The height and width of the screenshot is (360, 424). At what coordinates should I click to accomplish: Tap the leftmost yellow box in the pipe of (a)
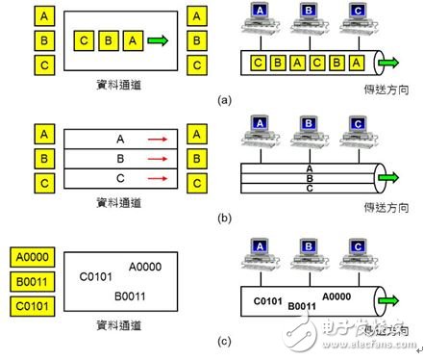pyautogui.click(x=257, y=64)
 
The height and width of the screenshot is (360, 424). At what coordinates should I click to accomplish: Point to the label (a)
pyautogui.click(x=225, y=99)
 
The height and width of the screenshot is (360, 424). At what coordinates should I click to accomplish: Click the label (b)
pyautogui.click(x=225, y=217)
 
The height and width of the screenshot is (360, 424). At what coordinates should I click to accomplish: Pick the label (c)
pyautogui.click(x=225, y=338)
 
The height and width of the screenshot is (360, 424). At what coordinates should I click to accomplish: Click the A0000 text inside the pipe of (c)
pyautogui.click(x=341, y=296)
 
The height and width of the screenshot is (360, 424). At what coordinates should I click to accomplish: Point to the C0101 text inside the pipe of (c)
pyautogui.click(x=266, y=301)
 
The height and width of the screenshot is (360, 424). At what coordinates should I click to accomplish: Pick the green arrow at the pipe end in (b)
pyautogui.click(x=388, y=179)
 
